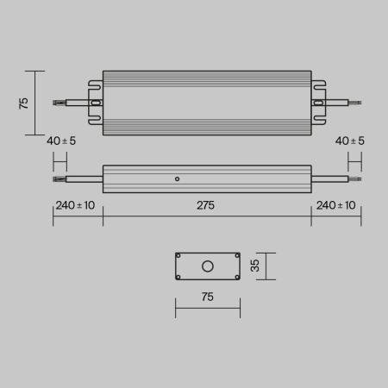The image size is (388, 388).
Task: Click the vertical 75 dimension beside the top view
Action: tap(24, 103)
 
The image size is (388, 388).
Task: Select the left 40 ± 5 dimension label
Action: tap(61, 141)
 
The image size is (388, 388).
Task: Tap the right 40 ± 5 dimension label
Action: tap(349, 141)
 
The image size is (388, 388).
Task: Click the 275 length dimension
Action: tap(205, 205)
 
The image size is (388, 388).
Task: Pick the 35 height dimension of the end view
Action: tap(255, 266)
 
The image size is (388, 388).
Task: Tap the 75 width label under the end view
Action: tap(207, 297)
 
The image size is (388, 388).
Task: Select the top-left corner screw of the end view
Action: tap(179, 256)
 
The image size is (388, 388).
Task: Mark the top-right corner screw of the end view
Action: tap(236, 256)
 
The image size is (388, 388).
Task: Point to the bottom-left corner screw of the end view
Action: tap(179, 277)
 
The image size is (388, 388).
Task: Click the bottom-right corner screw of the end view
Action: tap(236, 277)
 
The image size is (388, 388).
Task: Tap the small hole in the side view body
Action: tap(177, 179)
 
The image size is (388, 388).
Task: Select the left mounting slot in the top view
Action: tap(96, 103)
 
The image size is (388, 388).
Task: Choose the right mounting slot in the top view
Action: tap(319, 103)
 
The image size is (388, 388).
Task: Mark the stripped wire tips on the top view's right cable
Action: tap(356, 103)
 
